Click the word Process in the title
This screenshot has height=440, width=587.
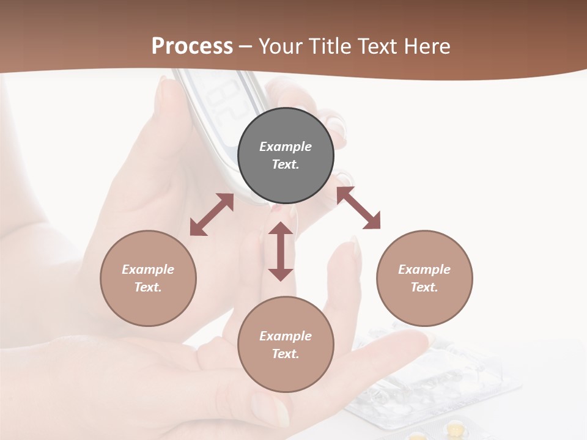tap(192, 46)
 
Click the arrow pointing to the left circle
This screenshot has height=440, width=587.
tap(212, 215)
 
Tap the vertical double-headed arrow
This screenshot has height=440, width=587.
tap(281, 251)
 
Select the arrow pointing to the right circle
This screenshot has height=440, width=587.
tap(358, 208)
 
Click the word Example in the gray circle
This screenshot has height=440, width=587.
tap(286, 147)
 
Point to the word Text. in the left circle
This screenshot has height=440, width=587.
tap(148, 287)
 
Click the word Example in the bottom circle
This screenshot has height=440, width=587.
tap(286, 336)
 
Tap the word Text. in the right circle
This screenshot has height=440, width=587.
tap(424, 287)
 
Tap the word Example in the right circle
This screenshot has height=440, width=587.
tap(424, 269)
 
